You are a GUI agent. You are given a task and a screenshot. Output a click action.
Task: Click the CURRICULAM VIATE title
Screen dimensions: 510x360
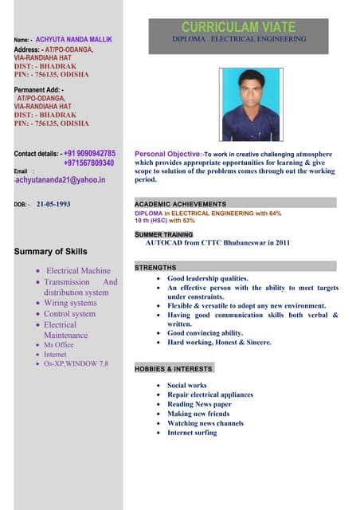point(239,27)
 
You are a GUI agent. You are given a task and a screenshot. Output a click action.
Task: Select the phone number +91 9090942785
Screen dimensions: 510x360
point(89,153)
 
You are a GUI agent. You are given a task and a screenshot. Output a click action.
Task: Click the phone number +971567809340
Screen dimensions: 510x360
point(88,163)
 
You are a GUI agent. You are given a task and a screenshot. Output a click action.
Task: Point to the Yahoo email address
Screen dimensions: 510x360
point(61,180)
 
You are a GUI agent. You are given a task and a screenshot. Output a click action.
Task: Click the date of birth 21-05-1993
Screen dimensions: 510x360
point(53,204)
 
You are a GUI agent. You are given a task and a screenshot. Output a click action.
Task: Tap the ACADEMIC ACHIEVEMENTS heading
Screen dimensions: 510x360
point(180,204)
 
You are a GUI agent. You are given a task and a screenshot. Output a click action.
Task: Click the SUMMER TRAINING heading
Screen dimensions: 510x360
point(163,234)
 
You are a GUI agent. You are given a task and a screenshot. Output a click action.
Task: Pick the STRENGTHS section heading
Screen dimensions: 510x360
point(155,268)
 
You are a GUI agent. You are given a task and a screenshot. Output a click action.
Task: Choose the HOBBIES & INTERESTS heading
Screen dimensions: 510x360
point(173,369)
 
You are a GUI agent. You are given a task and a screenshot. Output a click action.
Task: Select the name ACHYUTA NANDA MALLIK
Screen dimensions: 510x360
point(72,39)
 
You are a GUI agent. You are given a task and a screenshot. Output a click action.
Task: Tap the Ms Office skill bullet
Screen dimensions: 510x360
point(58,345)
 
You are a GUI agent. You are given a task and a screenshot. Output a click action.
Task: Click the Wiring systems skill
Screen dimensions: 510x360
point(70,303)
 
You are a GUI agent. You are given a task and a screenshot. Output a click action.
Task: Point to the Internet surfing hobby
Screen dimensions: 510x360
point(192,433)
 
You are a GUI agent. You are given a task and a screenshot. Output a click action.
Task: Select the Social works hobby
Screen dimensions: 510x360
point(186,385)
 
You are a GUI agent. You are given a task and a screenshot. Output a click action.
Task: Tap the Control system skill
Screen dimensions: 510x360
point(69,314)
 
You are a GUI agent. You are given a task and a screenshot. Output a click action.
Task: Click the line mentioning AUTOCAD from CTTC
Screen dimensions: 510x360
point(217,243)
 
